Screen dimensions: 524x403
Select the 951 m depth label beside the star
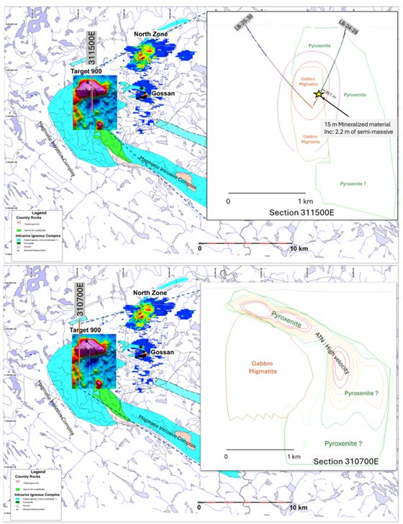330,91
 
